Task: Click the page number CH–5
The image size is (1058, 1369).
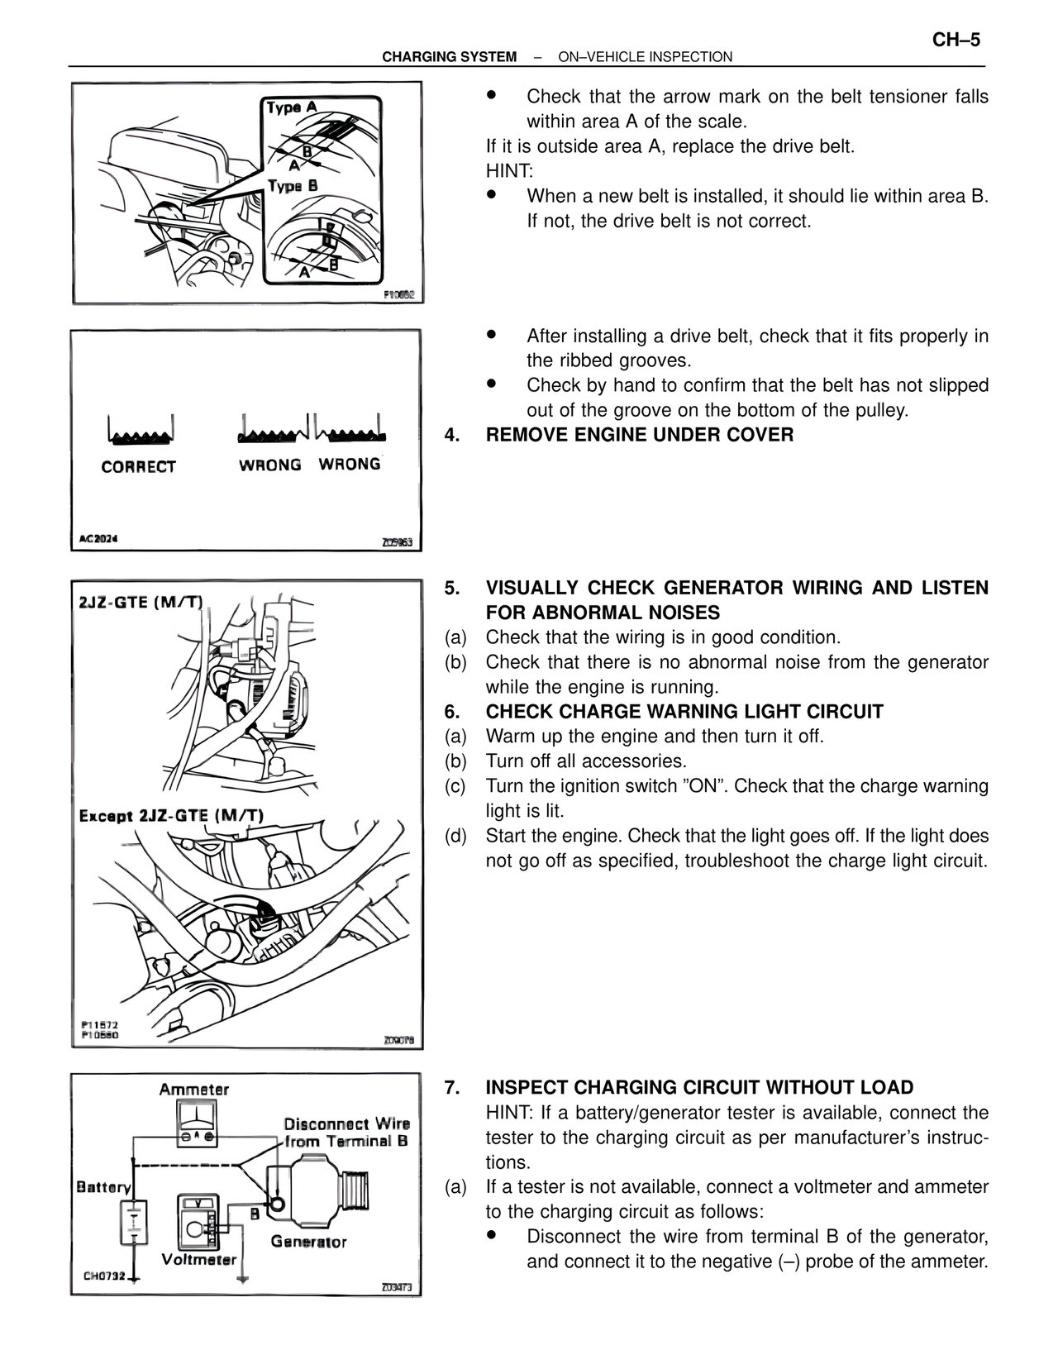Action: [956, 41]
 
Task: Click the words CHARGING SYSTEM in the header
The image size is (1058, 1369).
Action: [449, 57]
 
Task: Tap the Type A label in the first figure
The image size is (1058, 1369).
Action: [291, 107]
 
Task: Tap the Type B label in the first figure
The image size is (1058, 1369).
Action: [292, 186]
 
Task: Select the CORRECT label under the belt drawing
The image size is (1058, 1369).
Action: [138, 467]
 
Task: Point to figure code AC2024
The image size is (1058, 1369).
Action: [98, 539]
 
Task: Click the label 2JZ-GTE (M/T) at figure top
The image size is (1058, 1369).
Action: [140, 602]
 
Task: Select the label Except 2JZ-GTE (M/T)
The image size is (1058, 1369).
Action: [171, 816]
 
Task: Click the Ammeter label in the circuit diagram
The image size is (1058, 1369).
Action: [194, 1090]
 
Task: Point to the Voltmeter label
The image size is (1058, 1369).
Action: [198, 1260]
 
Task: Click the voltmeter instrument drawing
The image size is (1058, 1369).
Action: [198, 1221]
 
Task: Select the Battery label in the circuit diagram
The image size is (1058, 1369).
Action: [103, 1187]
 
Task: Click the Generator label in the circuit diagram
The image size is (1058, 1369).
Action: [309, 1242]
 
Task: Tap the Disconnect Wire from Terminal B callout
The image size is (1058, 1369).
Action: [346, 1133]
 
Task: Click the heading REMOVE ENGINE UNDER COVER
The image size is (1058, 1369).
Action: [639, 435]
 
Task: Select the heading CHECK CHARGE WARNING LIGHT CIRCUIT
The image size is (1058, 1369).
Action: [684, 712]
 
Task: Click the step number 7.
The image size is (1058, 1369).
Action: [451, 1088]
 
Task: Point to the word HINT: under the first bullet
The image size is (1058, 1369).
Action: [509, 171]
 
